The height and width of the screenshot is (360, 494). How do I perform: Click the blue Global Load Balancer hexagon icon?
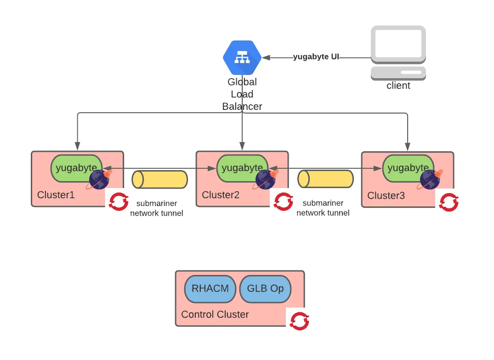(242, 57)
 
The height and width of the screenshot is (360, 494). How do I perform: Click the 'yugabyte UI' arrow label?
(316, 57)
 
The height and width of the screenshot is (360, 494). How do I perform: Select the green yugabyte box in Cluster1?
(77, 168)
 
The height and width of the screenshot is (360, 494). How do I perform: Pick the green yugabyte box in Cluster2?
(242, 168)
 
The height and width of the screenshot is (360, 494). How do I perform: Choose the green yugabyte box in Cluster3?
(408, 168)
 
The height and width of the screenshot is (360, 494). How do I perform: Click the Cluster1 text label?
(56, 195)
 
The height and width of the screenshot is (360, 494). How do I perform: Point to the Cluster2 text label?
(221, 195)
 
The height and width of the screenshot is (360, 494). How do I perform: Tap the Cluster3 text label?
(386, 195)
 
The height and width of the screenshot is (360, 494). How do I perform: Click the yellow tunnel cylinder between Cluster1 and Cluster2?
(160, 180)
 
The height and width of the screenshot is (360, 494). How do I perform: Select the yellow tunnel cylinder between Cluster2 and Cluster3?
(325, 179)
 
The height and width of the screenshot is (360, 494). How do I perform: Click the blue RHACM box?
(210, 289)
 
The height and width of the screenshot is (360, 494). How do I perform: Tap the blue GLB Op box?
(265, 289)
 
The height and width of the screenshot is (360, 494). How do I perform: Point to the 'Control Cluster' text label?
(215, 314)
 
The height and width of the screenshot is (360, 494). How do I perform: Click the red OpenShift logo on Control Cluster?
(299, 321)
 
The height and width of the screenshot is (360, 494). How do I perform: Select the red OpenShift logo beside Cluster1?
(119, 201)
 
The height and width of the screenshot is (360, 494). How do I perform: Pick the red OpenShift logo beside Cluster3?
(449, 202)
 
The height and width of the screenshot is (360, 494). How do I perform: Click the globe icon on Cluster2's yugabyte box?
(265, 179)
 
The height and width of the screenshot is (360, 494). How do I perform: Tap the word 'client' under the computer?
(398, 86)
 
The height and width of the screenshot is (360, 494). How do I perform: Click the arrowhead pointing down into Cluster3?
(408, 147)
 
